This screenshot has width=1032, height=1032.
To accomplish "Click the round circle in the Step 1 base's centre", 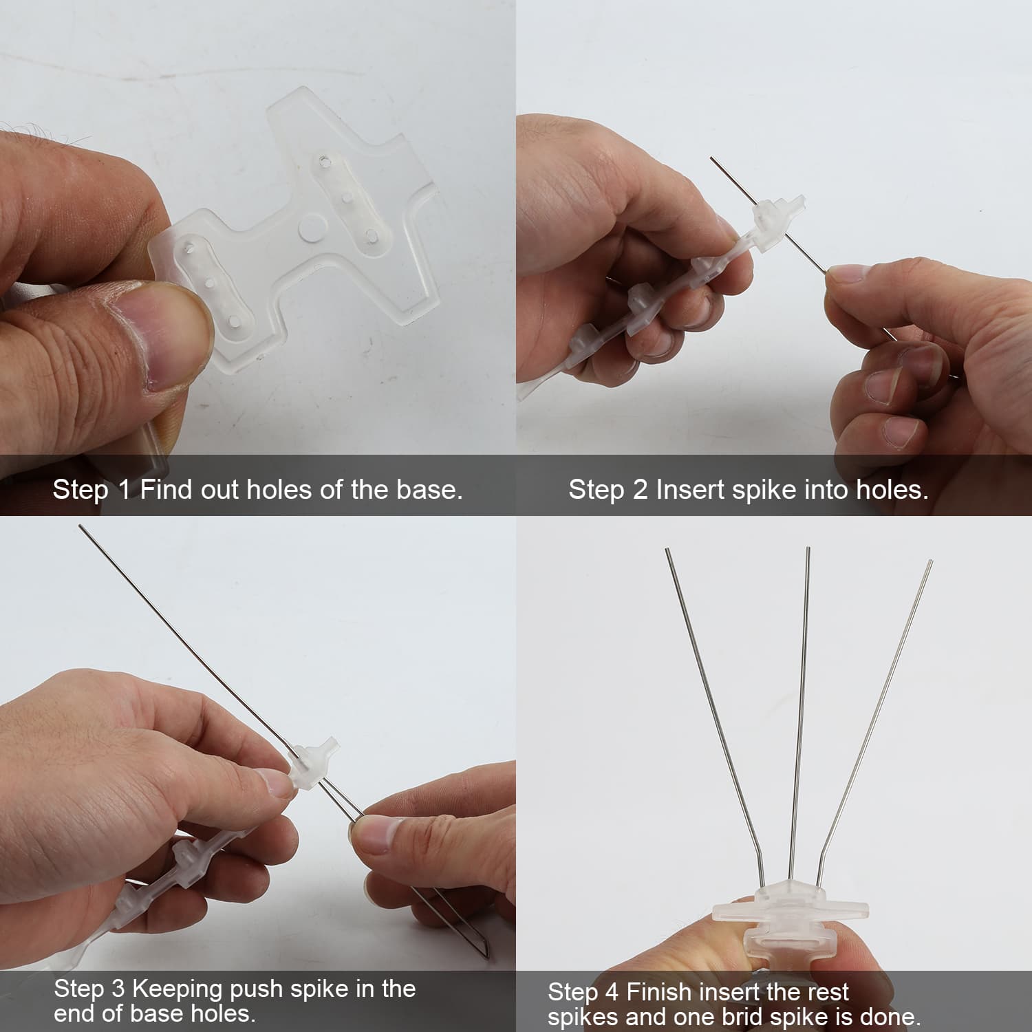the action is (313, 224).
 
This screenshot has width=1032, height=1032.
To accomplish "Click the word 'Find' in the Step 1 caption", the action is (167, 489).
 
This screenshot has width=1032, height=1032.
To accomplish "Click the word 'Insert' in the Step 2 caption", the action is (690, 489).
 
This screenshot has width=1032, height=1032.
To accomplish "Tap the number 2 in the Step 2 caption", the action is (641, 489).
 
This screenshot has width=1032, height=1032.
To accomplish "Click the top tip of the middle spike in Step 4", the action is (808, 548).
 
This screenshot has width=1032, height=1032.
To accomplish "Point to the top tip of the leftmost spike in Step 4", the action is (666, 549).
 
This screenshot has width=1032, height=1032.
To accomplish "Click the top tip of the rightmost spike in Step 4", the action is (932, 561).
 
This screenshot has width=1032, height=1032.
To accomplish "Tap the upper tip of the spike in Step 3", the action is (80, 526).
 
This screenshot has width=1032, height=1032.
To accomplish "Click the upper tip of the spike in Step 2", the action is (711, 158).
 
